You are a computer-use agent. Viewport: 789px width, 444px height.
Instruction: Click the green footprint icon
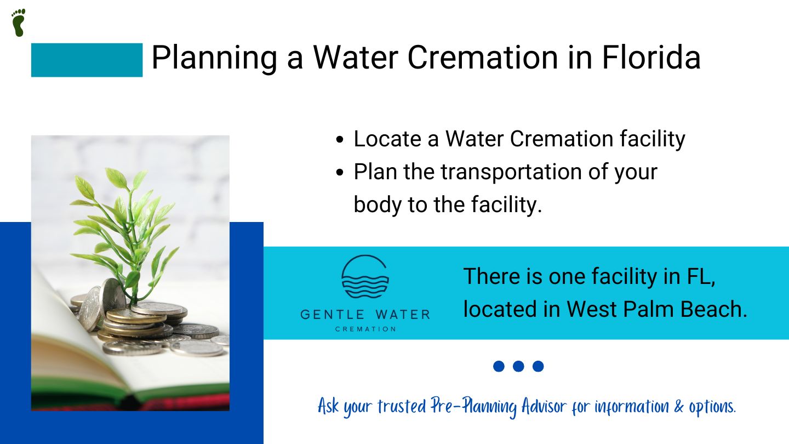pos(19,22)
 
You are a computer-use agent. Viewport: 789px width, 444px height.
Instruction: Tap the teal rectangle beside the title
pos(87,60)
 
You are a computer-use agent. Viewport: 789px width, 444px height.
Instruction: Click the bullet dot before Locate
pos(340,140)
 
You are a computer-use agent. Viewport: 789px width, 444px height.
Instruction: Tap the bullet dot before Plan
pos(340,173)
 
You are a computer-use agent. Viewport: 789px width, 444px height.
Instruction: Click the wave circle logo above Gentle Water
pos(365,277)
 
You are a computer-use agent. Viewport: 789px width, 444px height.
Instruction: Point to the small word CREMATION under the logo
pos(365,329)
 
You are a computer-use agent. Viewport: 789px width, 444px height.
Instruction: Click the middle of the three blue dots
pos(518,366)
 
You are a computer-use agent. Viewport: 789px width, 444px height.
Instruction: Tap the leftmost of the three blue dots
pos(499,366)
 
